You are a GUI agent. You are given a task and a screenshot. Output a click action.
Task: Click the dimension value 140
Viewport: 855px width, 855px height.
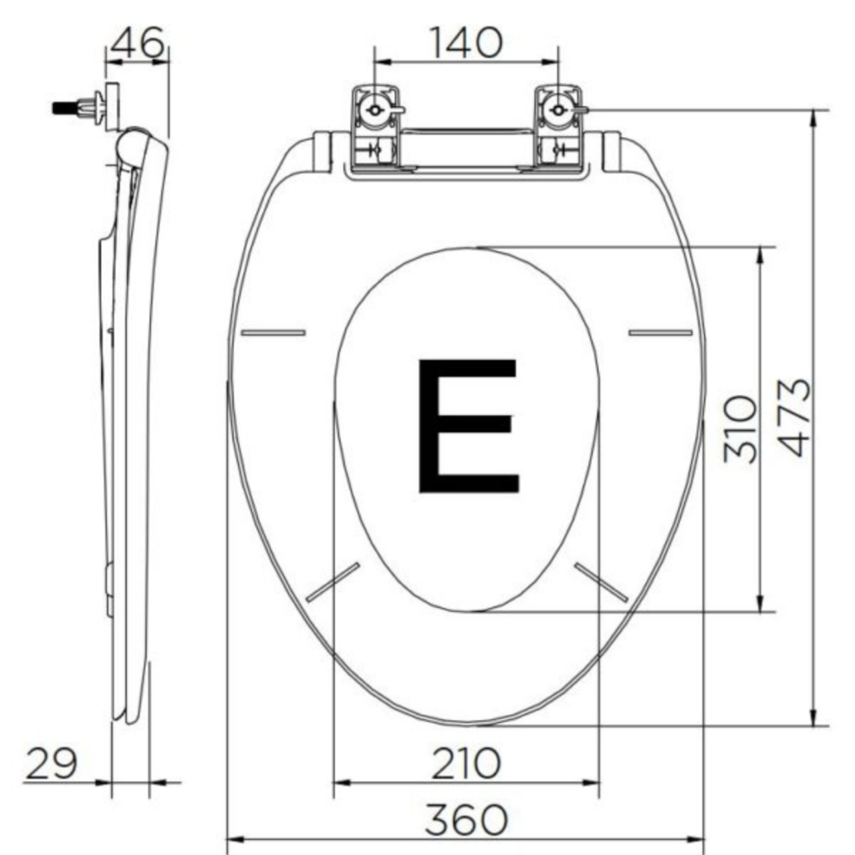pos(466,43)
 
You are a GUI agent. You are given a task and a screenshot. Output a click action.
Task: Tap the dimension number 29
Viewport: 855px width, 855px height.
pos(51,763)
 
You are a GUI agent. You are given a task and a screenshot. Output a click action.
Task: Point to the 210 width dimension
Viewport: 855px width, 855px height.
pos(466,763)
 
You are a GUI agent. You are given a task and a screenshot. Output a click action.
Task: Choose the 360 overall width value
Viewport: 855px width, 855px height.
pos(466,819)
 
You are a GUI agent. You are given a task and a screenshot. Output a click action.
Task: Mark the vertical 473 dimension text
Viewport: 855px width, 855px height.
pos(794,417)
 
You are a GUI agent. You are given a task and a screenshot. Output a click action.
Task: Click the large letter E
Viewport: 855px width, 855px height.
pos(468,425)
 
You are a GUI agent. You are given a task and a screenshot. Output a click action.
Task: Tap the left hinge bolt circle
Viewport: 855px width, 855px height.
pos(375,111)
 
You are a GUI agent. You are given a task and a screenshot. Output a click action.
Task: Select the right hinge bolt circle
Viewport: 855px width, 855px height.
pos(557,111)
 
